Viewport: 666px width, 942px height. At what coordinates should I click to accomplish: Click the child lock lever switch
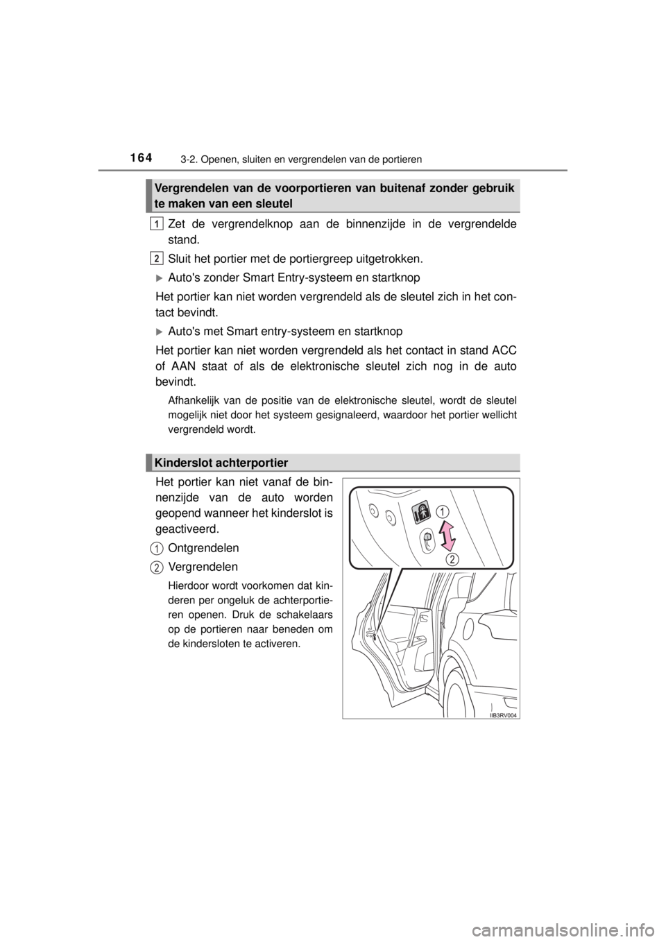point(427,542)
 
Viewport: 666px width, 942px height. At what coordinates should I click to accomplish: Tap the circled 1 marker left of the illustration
point(158,549)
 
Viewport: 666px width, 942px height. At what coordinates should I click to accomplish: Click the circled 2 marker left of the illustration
point(158,567)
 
